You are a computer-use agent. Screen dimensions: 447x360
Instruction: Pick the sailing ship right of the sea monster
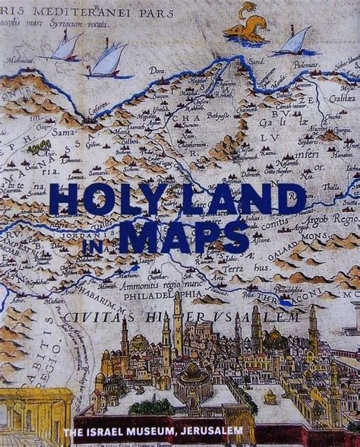pyautogui.click(x=293, y=42)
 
